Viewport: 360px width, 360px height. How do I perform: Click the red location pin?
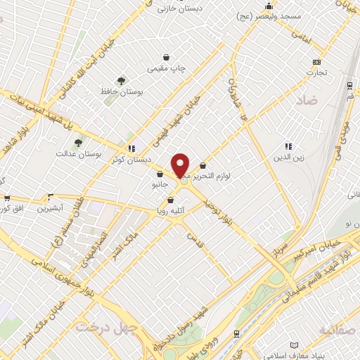point(181,165)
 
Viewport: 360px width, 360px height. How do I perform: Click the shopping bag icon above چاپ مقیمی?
point(167,57)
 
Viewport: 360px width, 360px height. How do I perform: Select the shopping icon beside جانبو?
point(160,174)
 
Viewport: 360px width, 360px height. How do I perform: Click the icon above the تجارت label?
point(316,61)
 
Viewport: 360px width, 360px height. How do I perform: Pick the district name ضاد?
point(307,101)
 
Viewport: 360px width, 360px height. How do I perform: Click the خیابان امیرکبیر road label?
point(321,249)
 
